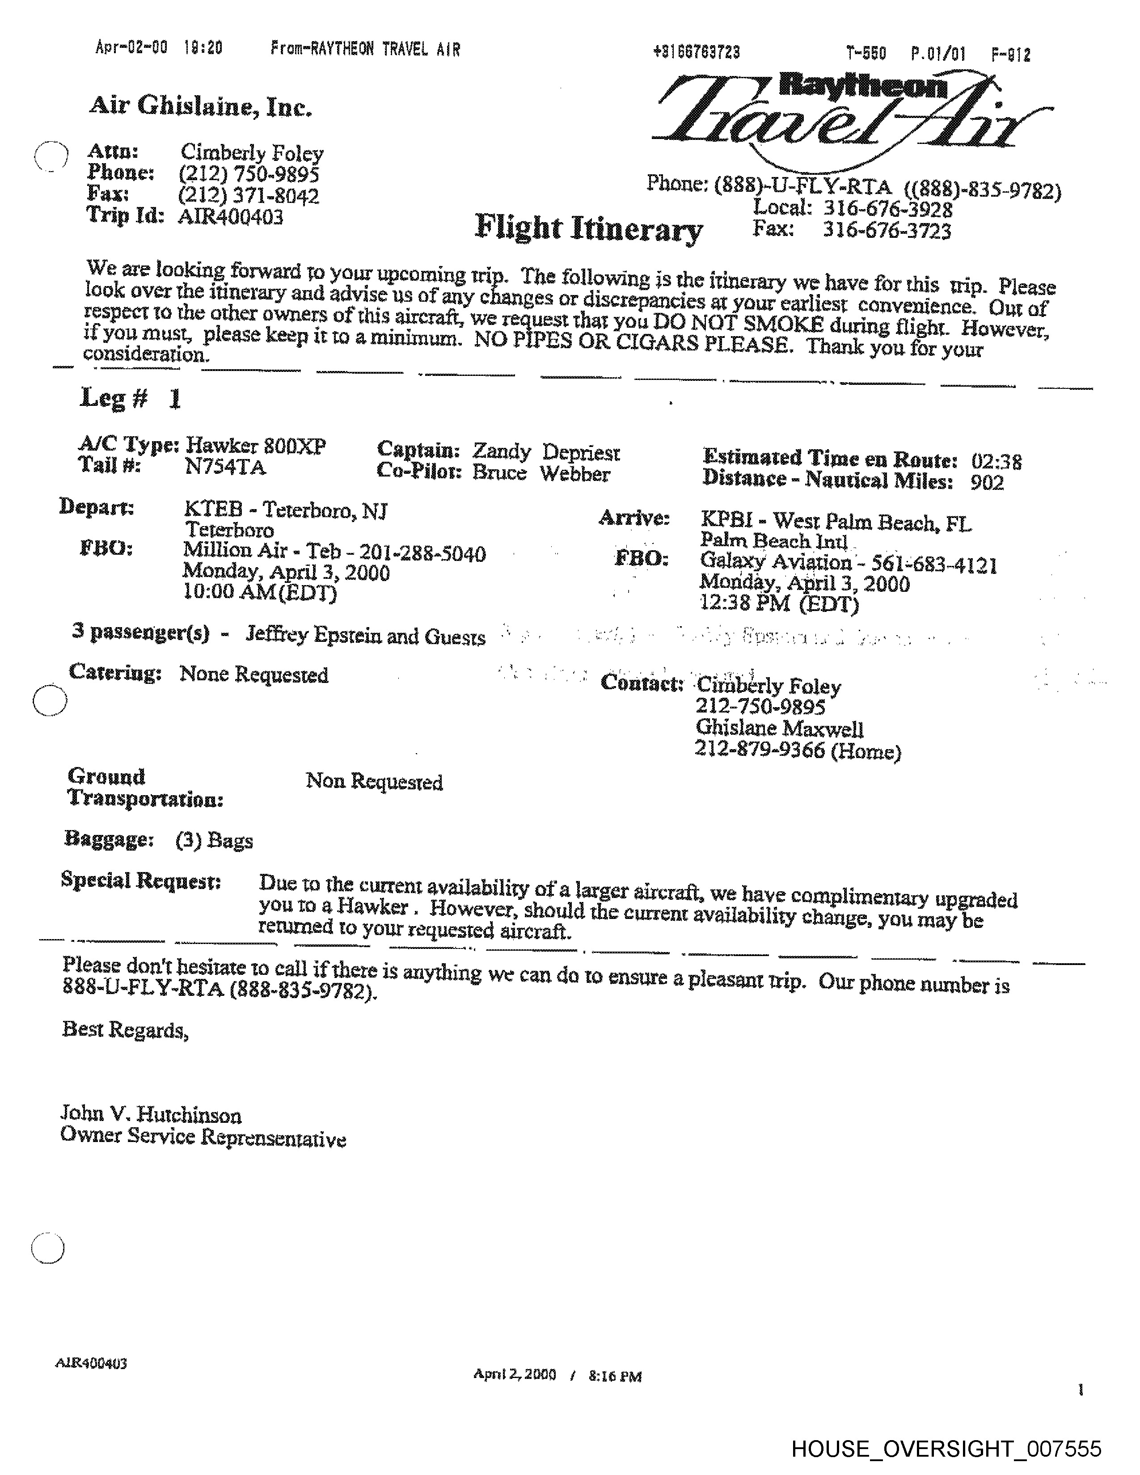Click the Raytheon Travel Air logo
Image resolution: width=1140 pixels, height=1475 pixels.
coord(851,115)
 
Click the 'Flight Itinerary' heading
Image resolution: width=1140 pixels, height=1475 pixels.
coord(588,228)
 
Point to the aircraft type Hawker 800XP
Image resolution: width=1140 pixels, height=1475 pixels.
coord(256,446)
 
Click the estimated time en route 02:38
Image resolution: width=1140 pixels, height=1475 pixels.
coord(996,462)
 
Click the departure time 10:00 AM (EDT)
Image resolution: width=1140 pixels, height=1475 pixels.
coord(260,592)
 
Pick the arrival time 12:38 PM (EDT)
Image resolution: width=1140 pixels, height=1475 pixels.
coord(779,603)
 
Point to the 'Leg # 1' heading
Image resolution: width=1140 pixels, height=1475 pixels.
coord(131,398)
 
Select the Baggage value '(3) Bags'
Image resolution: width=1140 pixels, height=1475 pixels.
coord(214,840)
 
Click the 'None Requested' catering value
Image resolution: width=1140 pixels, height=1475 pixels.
coord(254,674)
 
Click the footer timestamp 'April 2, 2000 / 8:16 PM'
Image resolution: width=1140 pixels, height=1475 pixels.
coord(557,1375)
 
